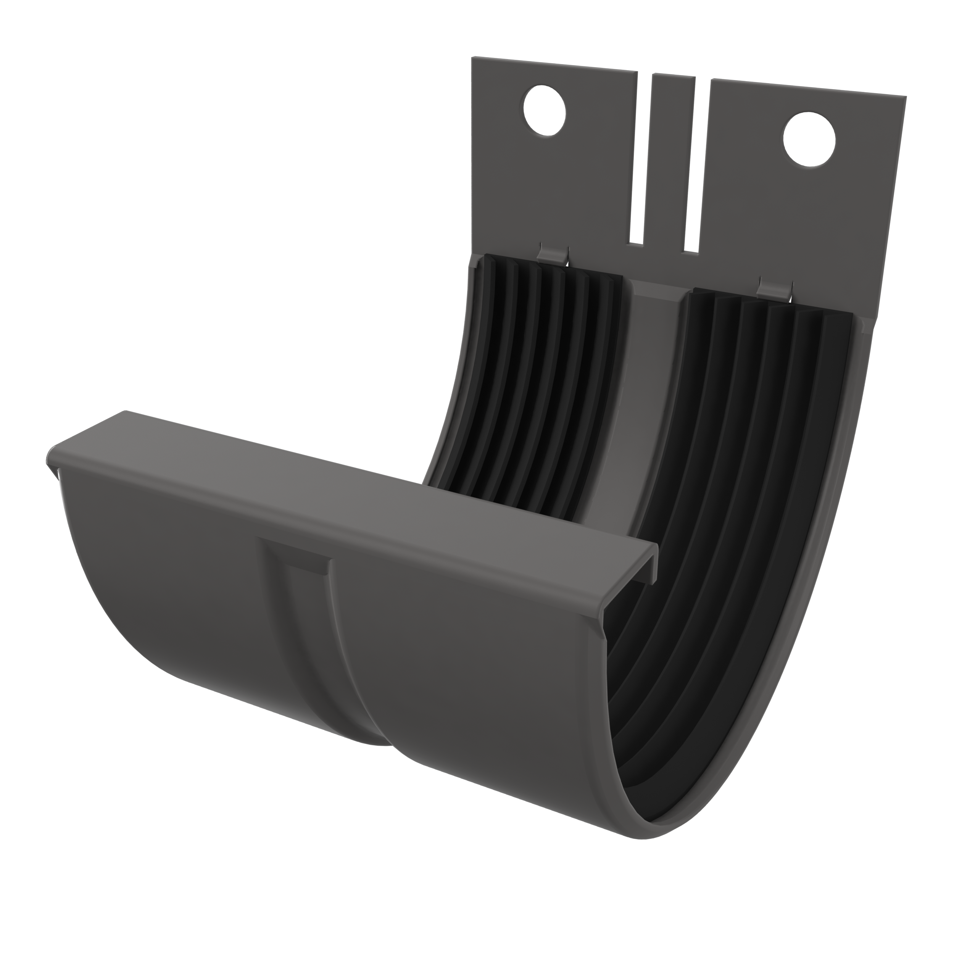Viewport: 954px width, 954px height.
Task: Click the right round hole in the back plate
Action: pos(809,140)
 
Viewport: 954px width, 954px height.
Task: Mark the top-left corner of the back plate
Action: pos(473,58)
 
